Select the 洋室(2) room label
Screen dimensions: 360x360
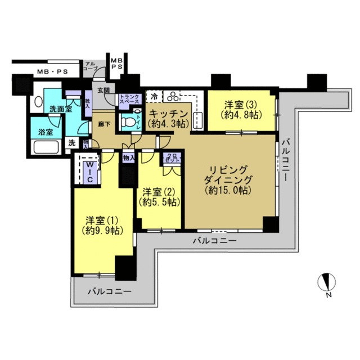pyautogui.click(x=159, y=196)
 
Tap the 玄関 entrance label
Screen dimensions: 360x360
pyautogui.click(x=103, y=90)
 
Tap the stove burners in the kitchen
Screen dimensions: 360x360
pyautogui.click(x=172, y=96)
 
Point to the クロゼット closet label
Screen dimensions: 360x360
pyautogui.click(x=170, y=158)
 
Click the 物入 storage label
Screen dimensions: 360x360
pyautogui.click(x=129, y=158)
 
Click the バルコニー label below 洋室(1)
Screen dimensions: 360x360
pyautogui.click(x=110, y=292)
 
